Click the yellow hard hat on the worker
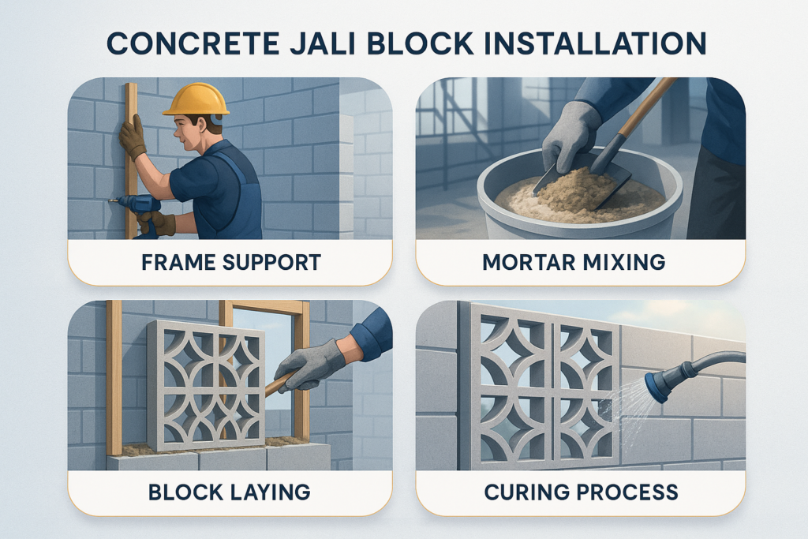[196, 99]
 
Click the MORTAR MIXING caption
[580, 262]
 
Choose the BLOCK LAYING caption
[230, 492]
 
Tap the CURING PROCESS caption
[580, 492]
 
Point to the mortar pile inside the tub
[568, 195]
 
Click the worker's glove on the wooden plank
[133, 137]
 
